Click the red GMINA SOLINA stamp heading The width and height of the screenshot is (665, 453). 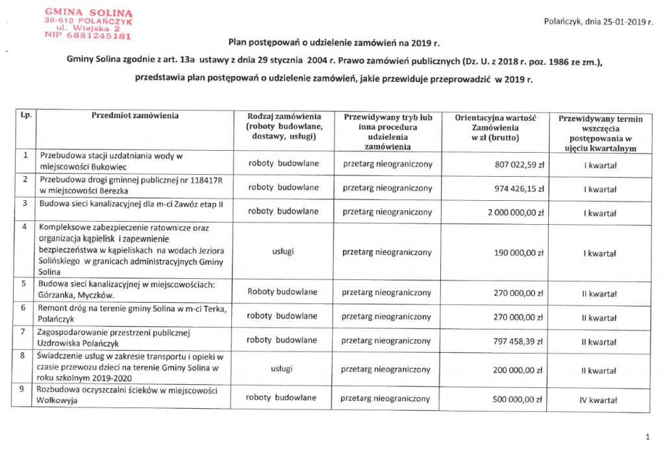89,12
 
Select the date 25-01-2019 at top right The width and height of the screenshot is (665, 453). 616,22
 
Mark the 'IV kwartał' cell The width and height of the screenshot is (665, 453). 597,400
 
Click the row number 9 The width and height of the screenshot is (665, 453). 25,391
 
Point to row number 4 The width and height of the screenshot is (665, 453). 25,227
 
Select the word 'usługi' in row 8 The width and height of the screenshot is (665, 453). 281,369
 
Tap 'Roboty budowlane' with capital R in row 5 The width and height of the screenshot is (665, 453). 282,292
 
